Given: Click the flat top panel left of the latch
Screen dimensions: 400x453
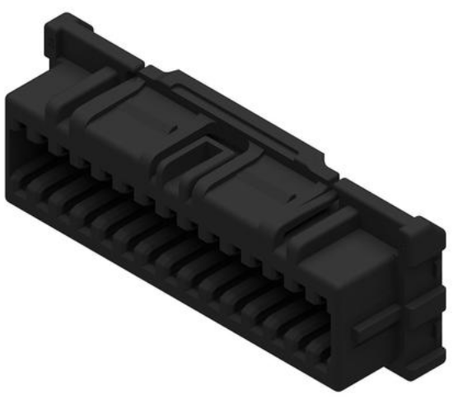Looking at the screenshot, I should [124, 111].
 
